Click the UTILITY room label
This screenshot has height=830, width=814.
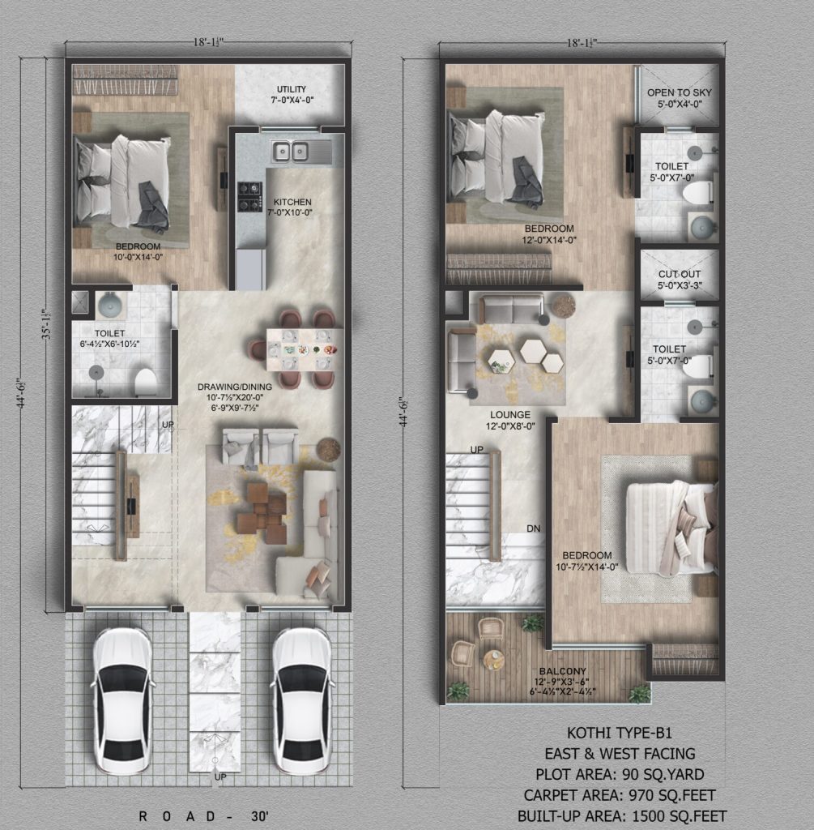tap(292, 89)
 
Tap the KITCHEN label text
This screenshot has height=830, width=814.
tap(292, 202)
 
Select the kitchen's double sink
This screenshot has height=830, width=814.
tap(291, 152)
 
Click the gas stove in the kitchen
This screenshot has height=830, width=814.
tap(249, 196)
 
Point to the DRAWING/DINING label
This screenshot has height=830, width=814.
tap(234, 387)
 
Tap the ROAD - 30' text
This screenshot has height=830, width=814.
tap(203, 816)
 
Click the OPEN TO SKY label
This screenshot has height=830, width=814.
tap(679, 92)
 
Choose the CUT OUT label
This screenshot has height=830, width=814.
tap(679, 274)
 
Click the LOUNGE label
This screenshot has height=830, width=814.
tap(510, 414)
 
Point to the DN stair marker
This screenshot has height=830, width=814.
tap(533, 528)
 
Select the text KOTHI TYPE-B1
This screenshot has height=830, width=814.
tap(620, 733)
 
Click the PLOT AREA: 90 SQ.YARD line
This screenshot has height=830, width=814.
tap(620, 774)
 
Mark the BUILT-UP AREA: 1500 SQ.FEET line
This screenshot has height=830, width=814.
tap(622, 816)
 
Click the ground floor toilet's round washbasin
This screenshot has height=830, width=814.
tap(110, 304)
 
